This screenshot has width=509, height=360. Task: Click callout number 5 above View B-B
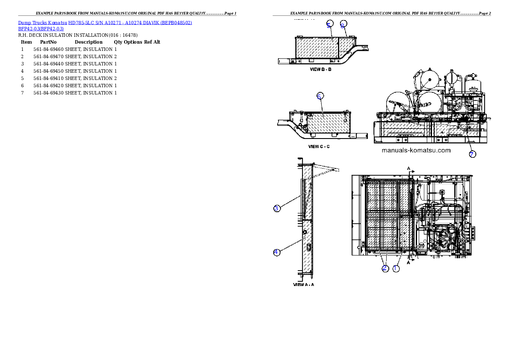[x=329, y=24]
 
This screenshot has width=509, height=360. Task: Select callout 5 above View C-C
[x=320, y=96]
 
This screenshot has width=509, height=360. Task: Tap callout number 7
[x=472, y=154]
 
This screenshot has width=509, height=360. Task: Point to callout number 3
[x=277, y=209]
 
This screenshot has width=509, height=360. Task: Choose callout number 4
[x=277, y=252]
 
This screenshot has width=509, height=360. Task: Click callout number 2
[x=385, y=269]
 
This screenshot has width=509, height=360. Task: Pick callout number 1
[x=396, y=269]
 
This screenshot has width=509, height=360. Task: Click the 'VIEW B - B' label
[x=320, y=70]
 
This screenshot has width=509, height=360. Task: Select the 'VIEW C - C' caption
[x=319, y=147]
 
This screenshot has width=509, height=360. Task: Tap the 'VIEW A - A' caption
[x=304, y=284]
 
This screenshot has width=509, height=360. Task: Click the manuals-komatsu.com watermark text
[x=416, y=150]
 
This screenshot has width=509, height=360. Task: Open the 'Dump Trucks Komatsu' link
[x=43, y=22]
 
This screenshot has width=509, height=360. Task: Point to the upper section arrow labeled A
[x=409, y=168]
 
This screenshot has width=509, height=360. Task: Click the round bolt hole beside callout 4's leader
[x=304, y=232]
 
